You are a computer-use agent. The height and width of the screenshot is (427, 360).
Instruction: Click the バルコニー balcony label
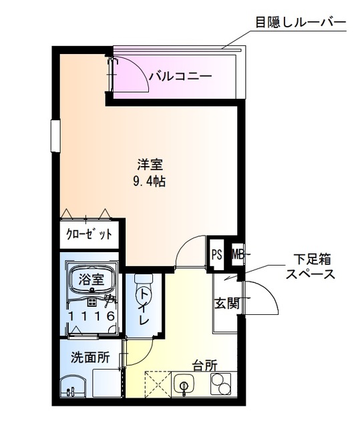[x=180, y=76]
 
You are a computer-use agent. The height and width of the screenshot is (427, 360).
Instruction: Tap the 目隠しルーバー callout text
[x=301, y=22]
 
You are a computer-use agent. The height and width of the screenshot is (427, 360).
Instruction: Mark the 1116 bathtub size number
[x=92, y=316]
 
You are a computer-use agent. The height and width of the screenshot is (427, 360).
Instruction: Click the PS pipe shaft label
[x=216, y=254]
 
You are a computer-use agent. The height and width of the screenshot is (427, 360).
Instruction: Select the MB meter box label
[x=236, y=254]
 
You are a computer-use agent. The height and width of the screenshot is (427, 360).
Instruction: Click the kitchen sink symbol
[x=184, y=385]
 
